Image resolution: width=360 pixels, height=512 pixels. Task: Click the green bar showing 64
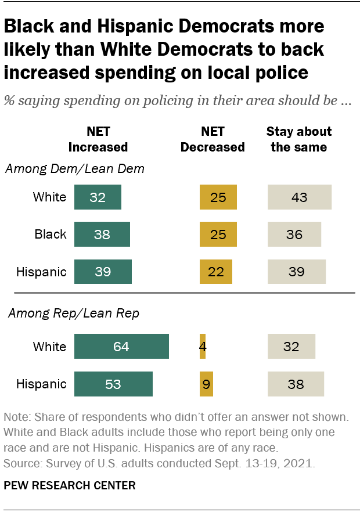[121, 347]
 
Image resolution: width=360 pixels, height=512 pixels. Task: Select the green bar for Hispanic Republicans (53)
[113, 384]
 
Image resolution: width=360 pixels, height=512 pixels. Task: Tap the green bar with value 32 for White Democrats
[98, 197]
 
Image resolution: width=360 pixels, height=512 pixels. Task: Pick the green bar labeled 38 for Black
[102, 235]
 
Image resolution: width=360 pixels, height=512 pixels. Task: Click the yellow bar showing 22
[215, 272]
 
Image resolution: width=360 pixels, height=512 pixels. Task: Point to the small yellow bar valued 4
[202, 347]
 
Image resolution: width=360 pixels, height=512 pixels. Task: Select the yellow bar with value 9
[206, 384]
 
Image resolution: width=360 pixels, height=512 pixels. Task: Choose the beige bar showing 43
[299, 197]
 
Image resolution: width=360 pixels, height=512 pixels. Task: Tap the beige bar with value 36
[294, 235]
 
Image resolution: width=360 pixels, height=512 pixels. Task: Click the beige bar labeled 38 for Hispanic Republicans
[296, 384]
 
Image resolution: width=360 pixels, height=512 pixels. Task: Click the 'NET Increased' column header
[98, 139]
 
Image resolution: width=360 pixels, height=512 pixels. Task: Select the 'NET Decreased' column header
[213, 139]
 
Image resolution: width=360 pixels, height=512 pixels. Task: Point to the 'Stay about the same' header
[299, 139]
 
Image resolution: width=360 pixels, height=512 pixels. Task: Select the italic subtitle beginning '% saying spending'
[177, 100]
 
